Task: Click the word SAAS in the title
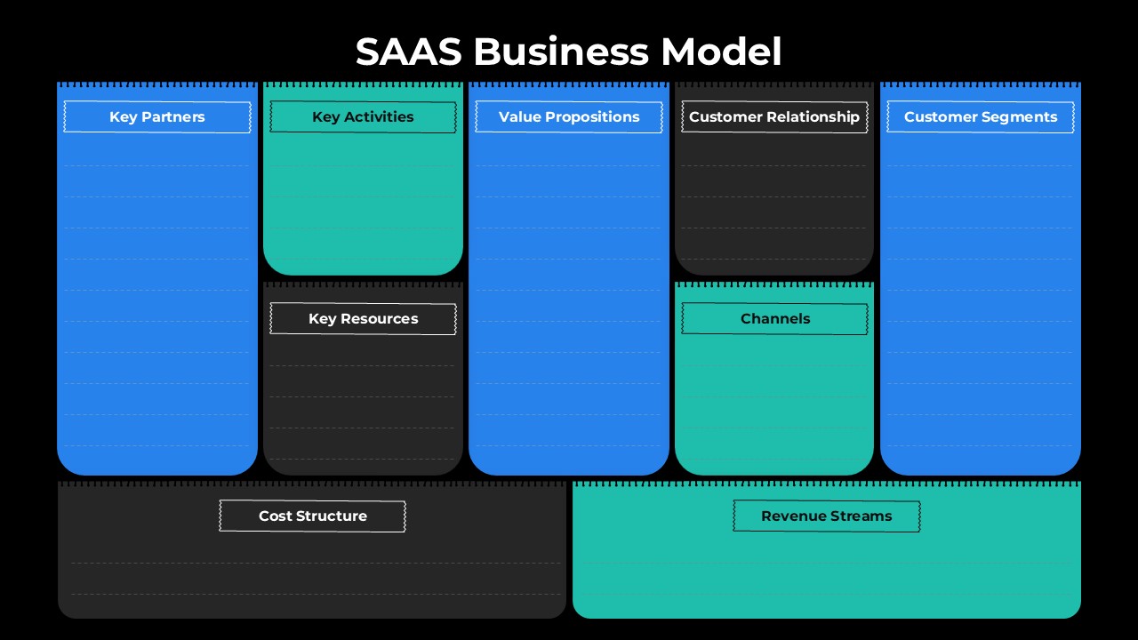[408, 52]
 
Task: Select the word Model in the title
[721, 52]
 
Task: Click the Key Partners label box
[157, 117]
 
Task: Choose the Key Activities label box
[363, 117]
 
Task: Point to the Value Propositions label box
[569, 117]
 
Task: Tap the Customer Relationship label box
[774, 117]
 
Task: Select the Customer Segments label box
[981, 117]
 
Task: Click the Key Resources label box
[363, 319]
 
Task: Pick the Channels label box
[774, 319]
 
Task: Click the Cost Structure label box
[313, 516]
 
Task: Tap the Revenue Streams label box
[827, 516]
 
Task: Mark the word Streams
[862, 516]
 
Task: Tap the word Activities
[380, 117]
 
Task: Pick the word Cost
[275, 516]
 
